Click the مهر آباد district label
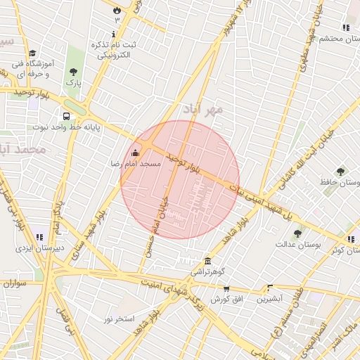[x=203, y=109]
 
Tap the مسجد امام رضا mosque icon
[x=135, y=153]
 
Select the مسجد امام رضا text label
[x=135, y=163]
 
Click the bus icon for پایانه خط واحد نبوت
[x=66, y=117]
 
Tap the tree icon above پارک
[x=74, y=72]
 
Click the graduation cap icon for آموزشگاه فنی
[x=32, y=53]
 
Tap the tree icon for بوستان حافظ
[x=340, y=172]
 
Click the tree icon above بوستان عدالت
[x=297, y=233]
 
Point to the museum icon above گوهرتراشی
[x=207, y=261]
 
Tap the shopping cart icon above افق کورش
[x=226, y=288]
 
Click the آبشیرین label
[x=269, y=298]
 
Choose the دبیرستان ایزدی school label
[x=40, y=247]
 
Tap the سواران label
[x=13, y=284]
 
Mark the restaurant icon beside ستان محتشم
[x=346, y=27]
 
